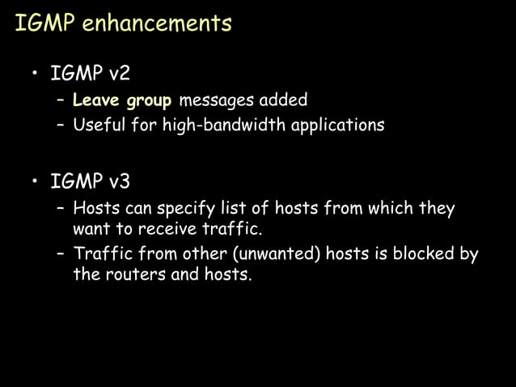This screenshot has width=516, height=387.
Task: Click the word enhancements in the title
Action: pyautogui.click(x=159, y=23)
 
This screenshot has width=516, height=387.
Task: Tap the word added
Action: pyautogui.click(x=283, y=101)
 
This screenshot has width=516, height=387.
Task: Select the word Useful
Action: pyautogui.click(x=99, y=125)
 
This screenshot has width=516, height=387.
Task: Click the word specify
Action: pyautogui.click(x=187, y=209)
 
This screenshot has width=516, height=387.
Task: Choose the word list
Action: pyautogui.click(x=235, y=208)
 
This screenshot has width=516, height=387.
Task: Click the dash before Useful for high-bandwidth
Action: pyautogui.click(x=61, y=126)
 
